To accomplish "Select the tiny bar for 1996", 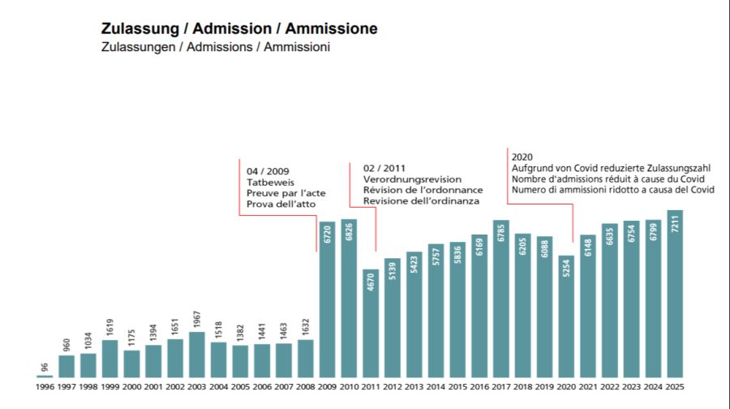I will [x=45, y=376].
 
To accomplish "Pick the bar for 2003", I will [x=196, y=355].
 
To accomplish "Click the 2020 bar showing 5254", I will [x=566, y=316].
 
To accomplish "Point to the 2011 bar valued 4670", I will [x=371, y=323].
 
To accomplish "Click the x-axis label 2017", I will [x=500, y=386].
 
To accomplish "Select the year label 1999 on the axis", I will [x=109, y=386].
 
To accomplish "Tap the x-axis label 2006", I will [x=262, y=386].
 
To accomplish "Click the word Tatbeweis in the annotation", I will [x=268, y=183].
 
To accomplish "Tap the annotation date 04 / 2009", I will [x=268, y=171].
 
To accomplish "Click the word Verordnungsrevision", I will [x=412, y=179].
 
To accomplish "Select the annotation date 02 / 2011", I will [x=384, y=167].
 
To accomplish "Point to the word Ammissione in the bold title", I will [x=331, y=28].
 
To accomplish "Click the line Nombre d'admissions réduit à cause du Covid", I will [x=608, y=179].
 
